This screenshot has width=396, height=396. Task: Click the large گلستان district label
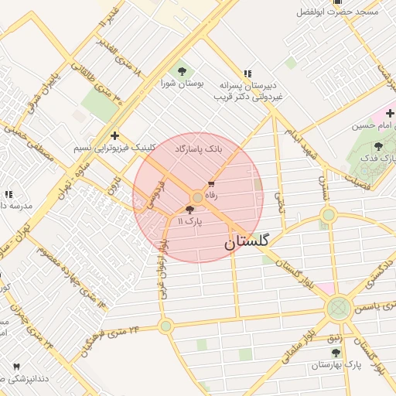point(247,242)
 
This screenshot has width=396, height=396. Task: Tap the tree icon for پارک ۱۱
point(190,210)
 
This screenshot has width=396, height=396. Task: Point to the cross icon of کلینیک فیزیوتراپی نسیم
point(114,135)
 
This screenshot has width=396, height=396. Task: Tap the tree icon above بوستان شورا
point(182,71)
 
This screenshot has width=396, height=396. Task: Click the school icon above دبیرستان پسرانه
point(247,72)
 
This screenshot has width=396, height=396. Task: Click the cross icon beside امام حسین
point(390,114)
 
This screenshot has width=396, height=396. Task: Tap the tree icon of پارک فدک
point(377,146)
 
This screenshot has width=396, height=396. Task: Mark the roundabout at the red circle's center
point(198,198)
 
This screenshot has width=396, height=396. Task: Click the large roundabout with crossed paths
point(338,308)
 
